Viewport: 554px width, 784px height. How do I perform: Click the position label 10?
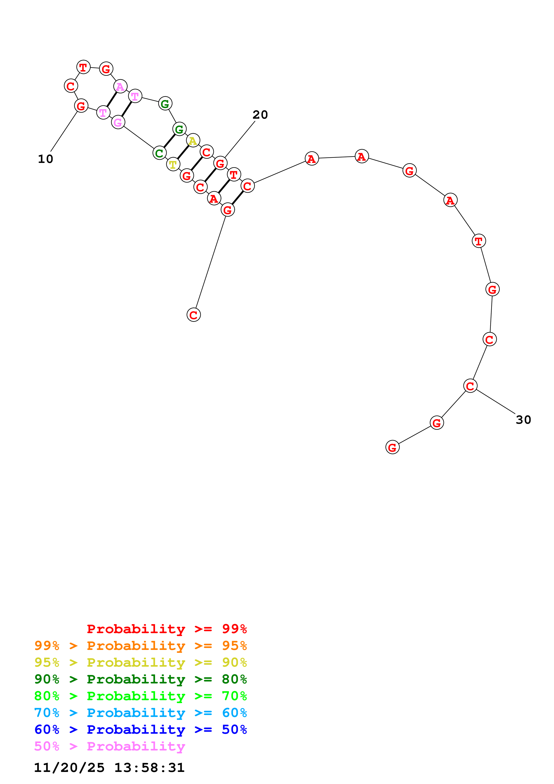point(45,159)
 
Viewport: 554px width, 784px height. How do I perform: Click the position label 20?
point(260,115)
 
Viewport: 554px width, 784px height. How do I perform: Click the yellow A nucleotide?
point(193,140)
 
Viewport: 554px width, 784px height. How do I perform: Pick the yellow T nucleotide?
point(173,164)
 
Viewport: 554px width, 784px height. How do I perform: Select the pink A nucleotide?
point(120,86)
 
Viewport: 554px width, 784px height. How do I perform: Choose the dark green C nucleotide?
point(159,153)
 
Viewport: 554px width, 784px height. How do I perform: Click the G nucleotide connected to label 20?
point(220,163)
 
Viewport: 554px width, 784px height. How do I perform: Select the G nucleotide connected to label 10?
point(81,106)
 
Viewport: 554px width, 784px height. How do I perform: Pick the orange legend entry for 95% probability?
point(140,646)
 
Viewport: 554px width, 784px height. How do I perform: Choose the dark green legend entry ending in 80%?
point(140,679)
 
